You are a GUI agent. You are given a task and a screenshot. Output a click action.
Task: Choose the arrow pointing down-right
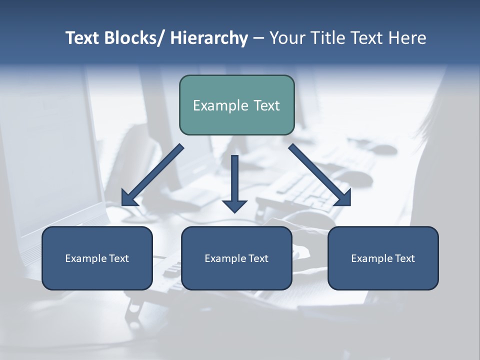(320, 175)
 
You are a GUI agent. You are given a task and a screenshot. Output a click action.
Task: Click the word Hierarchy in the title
(208, 38)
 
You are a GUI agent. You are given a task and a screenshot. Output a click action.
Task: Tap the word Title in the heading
(331, 38)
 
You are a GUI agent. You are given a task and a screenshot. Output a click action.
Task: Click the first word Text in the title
(83, 38)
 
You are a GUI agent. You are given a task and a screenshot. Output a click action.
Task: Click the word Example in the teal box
(220, 105)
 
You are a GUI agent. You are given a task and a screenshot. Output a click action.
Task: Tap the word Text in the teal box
(266, 105)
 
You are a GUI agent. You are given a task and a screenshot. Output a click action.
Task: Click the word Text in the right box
(404, 258)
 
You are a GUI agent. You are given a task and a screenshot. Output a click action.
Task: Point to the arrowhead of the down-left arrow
(128, 198)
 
